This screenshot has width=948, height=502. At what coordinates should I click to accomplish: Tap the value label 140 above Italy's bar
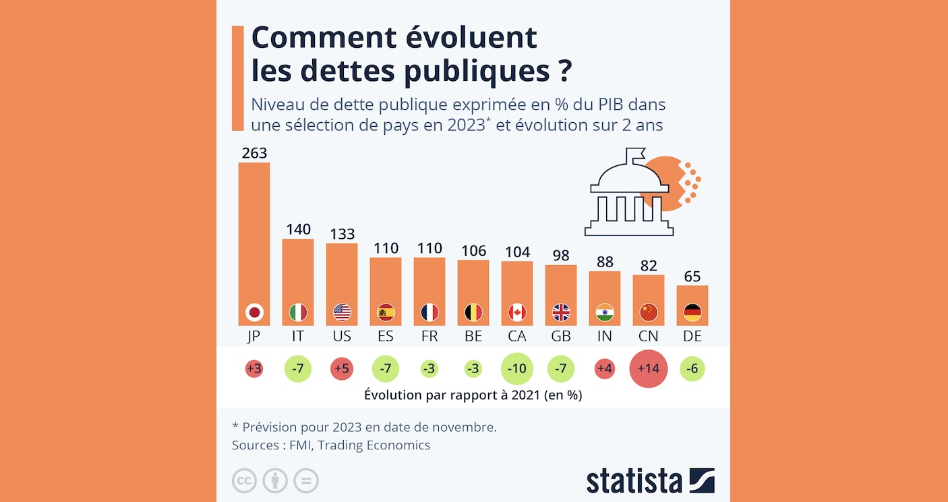click(297, 229)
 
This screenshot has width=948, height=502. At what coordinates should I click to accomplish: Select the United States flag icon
click(342, 312)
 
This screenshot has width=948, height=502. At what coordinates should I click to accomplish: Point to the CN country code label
click(649, 336)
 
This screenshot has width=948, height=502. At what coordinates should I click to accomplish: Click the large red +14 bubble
click(648, 369)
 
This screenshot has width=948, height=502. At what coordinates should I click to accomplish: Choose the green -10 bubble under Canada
click(517, 369)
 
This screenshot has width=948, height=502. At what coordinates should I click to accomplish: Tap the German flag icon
click(692, 312)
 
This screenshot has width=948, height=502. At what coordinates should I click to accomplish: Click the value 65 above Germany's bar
click(692, 277)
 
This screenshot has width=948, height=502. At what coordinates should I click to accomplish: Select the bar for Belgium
click(473, 283)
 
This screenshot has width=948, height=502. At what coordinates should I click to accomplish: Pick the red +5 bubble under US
click(342, 369)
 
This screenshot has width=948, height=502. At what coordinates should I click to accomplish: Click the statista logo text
click(634, 480)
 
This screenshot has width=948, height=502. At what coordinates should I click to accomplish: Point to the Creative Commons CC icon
click(244, 480)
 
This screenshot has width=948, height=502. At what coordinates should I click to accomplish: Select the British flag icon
click(561, 312)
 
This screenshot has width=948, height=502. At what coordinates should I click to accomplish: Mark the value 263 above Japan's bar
click(254, 153)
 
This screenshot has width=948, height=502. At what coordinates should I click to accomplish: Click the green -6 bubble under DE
click(692, 369)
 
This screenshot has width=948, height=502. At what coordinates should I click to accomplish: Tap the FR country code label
click(429, 336)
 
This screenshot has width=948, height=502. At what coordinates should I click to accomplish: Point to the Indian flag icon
click(605, 312)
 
